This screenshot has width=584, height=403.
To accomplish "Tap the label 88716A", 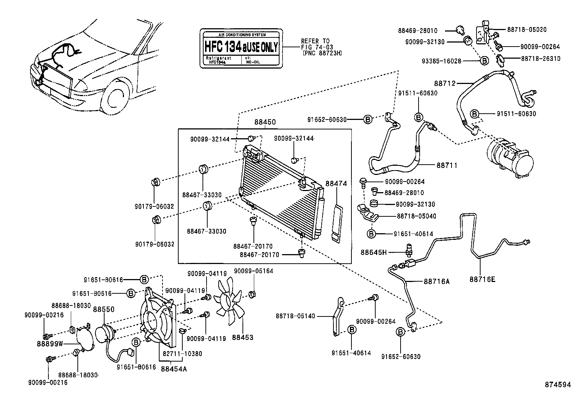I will point(437,282).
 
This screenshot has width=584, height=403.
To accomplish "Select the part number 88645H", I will point(373,252).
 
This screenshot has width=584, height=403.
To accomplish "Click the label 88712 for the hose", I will point(445,84).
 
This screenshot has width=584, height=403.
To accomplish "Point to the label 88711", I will point(447,165).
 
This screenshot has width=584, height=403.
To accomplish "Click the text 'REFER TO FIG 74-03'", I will point(315,44).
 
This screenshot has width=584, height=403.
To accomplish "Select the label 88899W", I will point(50,344).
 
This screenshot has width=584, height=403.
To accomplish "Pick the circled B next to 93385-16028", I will point(484,61).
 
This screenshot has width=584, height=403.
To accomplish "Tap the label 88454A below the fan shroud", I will point(174,369).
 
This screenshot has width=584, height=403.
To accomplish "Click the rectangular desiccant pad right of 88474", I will point(337,223).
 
